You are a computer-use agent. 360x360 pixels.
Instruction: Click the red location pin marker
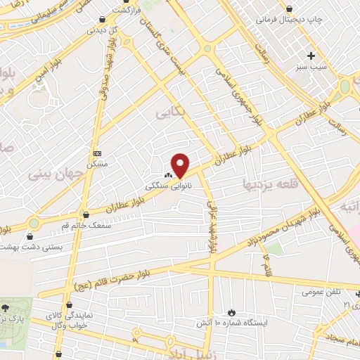(x=181, y=165)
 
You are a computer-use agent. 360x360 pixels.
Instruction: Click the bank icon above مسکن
(x=97, y=153)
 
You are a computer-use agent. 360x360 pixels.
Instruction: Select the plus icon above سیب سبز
(x=311, y=55)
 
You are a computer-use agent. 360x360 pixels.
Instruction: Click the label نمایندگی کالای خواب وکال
(x=65, y=322)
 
